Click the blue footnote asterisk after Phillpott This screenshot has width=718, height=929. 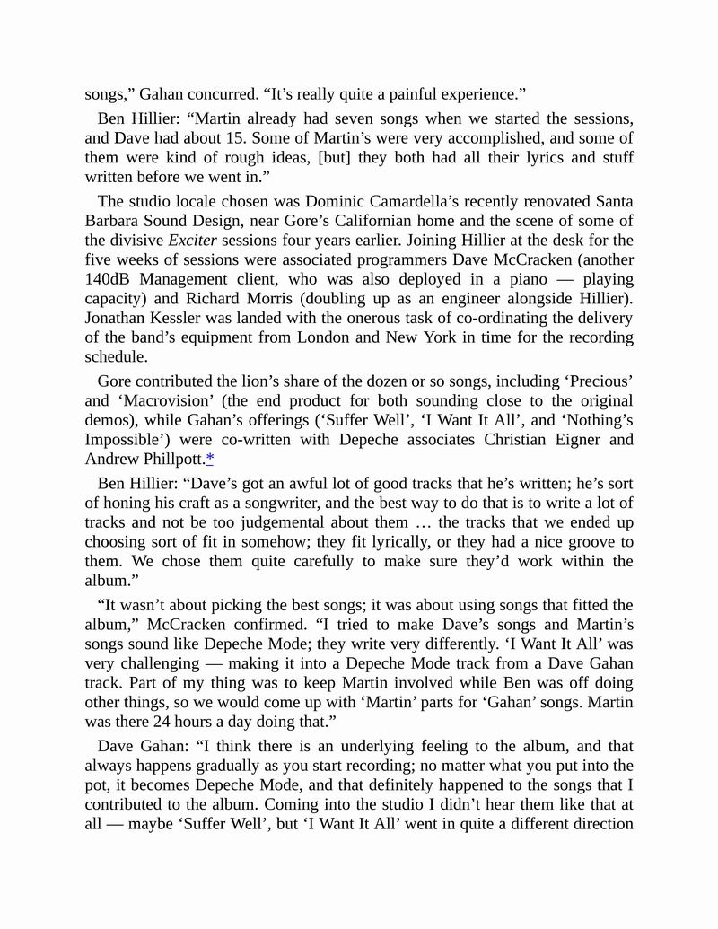coord(210,460)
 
